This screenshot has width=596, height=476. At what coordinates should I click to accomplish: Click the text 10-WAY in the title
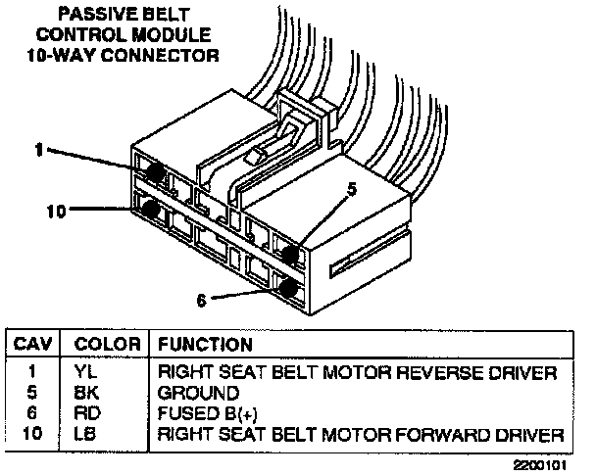pyautogui.click(x=86, y=55)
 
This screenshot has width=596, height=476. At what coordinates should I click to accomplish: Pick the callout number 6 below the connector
pyautogui.click(x=202, y=301)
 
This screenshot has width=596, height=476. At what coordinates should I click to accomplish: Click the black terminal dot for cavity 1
pyautogui.click(x=153, y=171)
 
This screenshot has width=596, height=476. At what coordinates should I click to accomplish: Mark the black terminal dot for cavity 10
pyautogui.click(x=150, y=209)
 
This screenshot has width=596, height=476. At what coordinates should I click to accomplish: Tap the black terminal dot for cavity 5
pyautogui.click(x=290, y=253)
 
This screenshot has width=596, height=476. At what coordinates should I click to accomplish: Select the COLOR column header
pyautogui.click(x=102, y=345)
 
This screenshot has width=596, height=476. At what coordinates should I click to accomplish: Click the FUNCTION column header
pyautogui.click(x=206, y=345)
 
